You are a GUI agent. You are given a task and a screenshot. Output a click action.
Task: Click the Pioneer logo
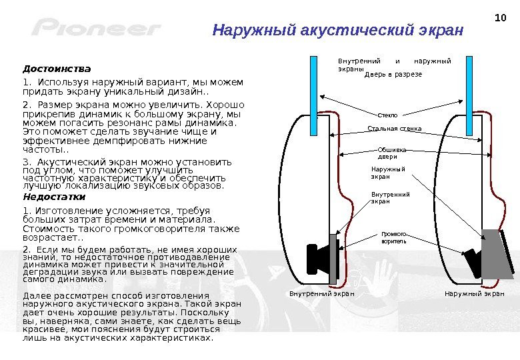[96, 28]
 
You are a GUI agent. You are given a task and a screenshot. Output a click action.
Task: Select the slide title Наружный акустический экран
[337, 31]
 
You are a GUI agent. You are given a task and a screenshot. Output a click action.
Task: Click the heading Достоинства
[56, 69]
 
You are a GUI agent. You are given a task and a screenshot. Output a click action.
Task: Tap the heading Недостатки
[54, 197]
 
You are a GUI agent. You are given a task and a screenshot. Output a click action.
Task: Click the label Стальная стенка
[395, 128]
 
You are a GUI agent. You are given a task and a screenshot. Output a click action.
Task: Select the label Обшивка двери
[392, 153]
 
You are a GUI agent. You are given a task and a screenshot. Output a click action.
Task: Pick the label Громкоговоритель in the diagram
[393, 237]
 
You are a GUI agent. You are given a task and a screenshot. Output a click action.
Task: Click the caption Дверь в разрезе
[393, 75]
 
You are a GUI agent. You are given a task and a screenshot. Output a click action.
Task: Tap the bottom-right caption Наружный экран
[474, 293]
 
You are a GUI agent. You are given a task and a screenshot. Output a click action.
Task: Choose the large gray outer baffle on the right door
[498, 253]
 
